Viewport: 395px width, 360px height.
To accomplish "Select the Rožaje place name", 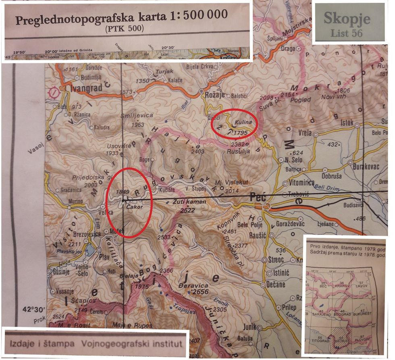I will point(215,96).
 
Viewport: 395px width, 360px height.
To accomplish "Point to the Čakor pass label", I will point(135,206).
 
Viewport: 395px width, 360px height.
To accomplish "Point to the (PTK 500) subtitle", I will point(124,29).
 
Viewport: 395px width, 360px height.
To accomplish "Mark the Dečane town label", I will point(276,285).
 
